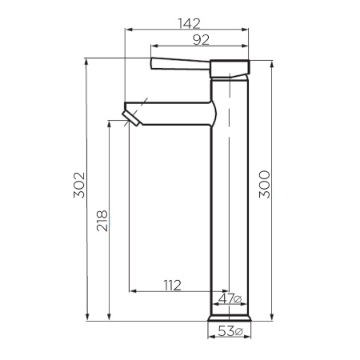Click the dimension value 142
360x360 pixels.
point(189,22)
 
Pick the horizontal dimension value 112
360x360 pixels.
point(171,285)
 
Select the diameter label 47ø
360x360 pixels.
point(230,299)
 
